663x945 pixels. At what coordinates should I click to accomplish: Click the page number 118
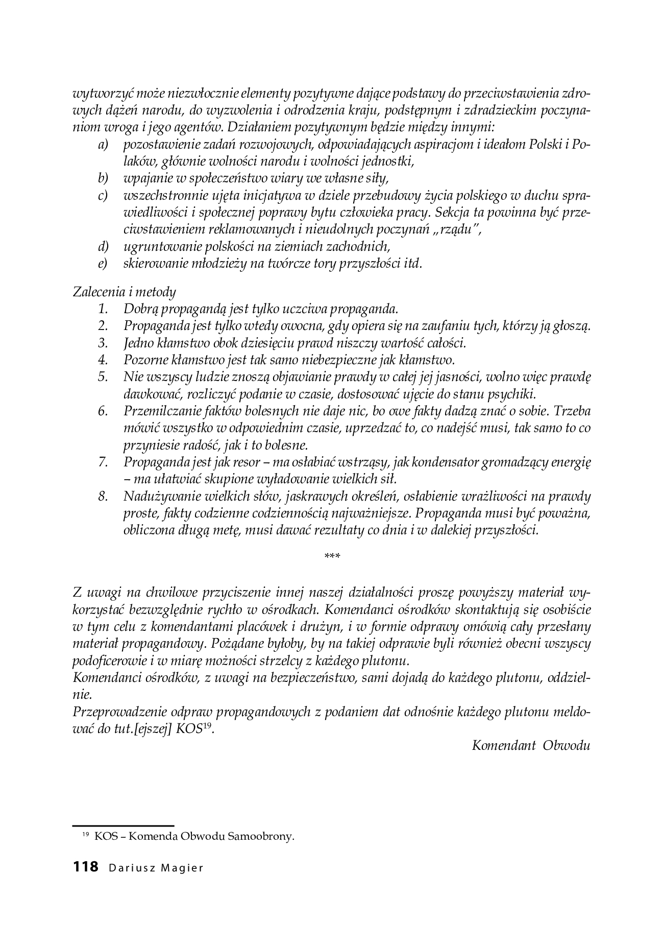pyautogui.click(x=85, y=867)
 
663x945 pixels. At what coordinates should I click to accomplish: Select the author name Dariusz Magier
pyautogui.click(x=156, y=868)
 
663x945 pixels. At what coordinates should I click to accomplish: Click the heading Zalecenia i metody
pyautogui.click(x=125, y=292)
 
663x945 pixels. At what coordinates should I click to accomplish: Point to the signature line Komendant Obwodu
pyautogui.click(x=531, y=745)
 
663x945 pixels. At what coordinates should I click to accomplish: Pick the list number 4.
pyautogui.click(x=104, y=360)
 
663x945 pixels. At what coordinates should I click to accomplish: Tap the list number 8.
pyautogui.click(x=104, y=496)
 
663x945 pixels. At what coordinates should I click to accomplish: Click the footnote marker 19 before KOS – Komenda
pyautogui.click(x=86, y=835)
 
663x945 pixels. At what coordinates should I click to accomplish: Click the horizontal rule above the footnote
pyautogui.click(x=123, y=825)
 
